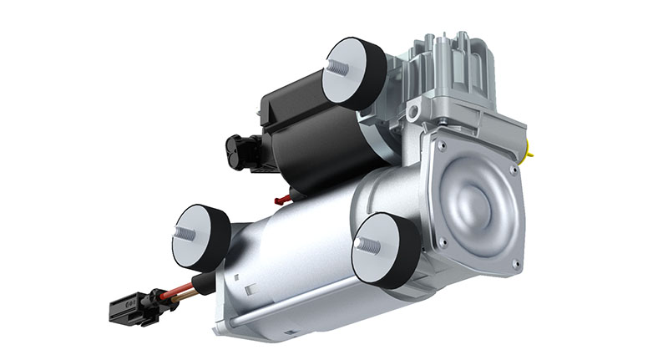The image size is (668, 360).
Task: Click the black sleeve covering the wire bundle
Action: click(x=200, y=281)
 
